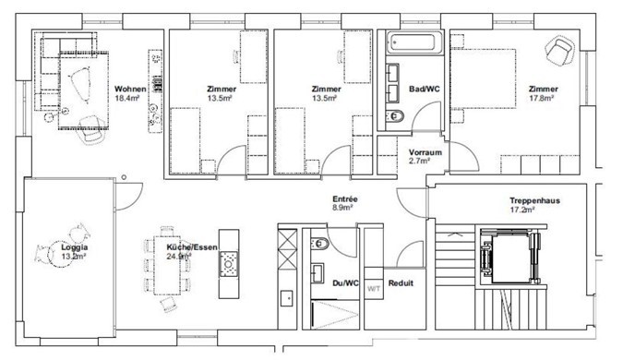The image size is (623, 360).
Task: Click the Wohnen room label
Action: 130,89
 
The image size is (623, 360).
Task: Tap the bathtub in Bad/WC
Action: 413,42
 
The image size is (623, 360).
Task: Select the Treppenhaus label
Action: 534,200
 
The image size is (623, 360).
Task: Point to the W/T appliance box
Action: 374,289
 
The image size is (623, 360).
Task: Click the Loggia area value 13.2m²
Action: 75,257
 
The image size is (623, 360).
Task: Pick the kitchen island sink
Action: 229,263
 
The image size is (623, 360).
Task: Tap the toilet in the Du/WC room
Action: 319,243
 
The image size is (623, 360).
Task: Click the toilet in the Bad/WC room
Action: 395,115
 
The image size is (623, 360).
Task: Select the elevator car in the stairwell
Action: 510,258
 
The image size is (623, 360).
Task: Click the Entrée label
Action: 345,199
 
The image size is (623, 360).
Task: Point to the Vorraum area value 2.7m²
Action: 419,161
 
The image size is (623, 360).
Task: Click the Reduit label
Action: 401,283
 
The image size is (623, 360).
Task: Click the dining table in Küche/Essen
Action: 167,265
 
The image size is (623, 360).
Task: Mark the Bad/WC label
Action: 425,89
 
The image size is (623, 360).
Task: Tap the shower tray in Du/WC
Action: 335,314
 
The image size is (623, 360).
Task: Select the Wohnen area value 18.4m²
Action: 126,98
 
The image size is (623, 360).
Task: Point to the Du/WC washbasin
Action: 317,273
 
